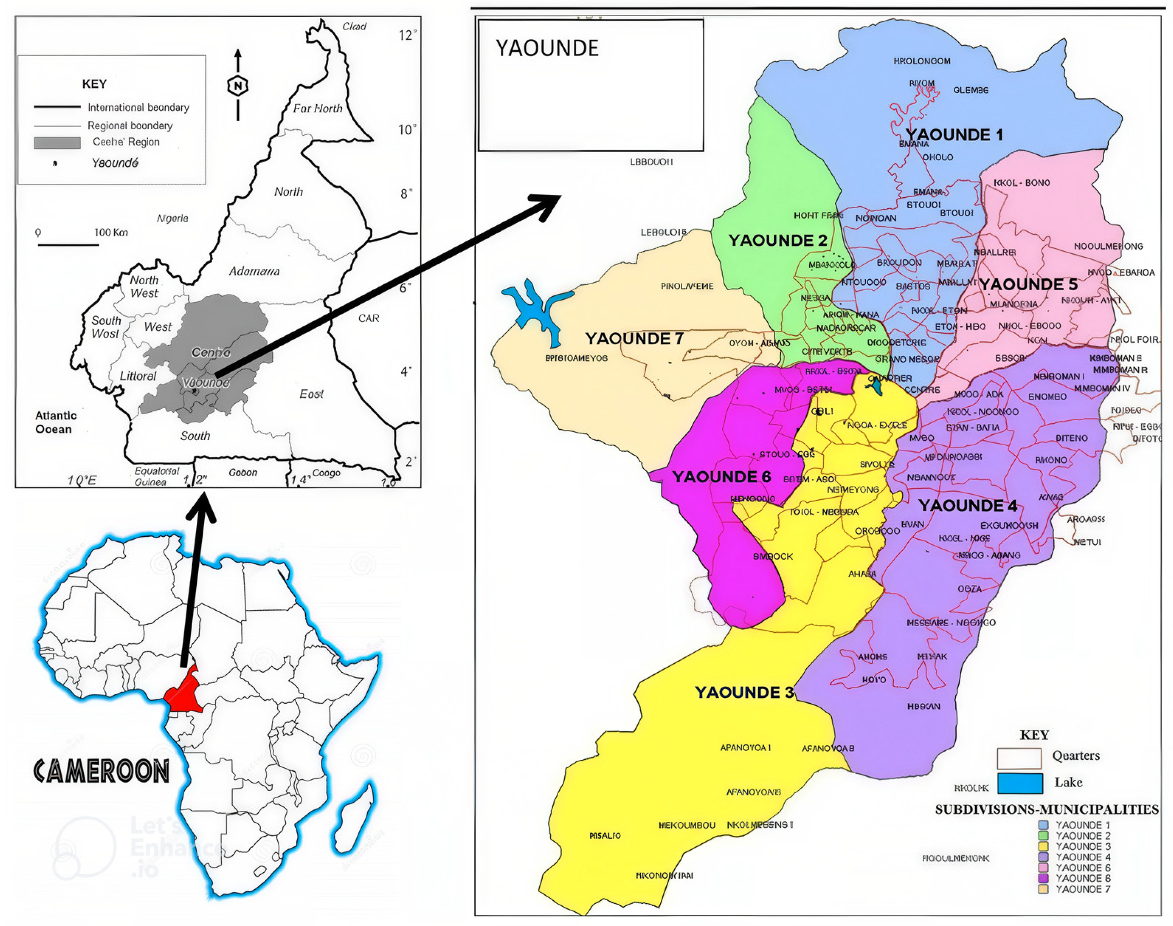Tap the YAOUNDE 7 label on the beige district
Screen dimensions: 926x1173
pos(633,339)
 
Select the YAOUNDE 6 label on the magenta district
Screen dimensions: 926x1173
pos(721,477)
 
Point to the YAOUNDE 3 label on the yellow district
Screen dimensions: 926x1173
pos(744,692)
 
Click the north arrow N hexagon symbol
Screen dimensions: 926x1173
pos(237,85)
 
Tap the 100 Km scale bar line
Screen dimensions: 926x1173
pos(68,245)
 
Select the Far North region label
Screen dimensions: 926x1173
pos(317,109)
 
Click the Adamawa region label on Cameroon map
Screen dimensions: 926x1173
pos(254,271)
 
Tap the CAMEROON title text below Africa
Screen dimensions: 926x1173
pos(101,771)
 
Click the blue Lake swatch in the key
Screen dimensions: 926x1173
pos(1019,783)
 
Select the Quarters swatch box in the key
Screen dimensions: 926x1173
pos(1018,758)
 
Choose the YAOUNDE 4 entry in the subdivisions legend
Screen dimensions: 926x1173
pos(1076,857)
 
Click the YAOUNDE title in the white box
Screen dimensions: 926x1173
pos(547,48)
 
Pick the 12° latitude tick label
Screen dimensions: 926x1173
pos(407,35)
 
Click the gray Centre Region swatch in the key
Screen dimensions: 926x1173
pos(58,143)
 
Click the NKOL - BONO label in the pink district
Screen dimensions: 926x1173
pos(1021,183)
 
